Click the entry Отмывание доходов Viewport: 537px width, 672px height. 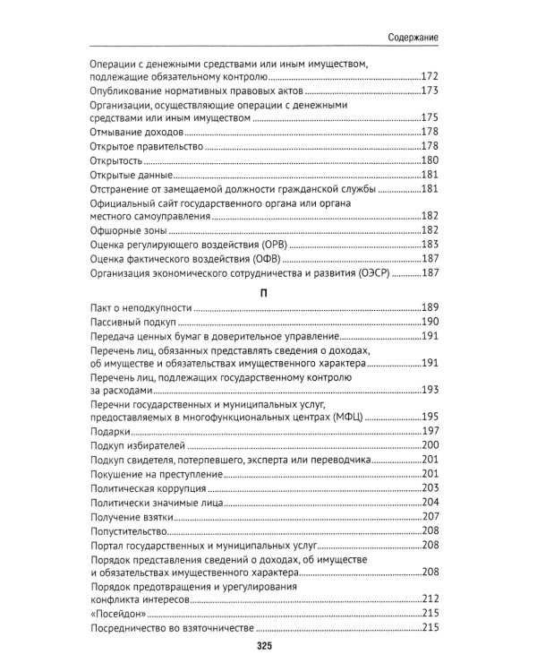pos(132,132)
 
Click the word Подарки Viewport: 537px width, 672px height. pos(110,432)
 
